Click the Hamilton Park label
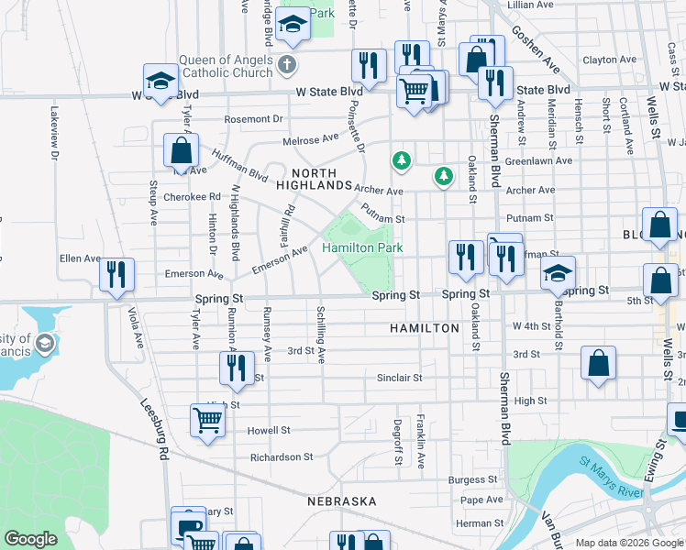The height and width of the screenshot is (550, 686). click(363, 248)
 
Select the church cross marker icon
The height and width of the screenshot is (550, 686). click(287, 64)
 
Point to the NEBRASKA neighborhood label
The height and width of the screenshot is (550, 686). click(342, 501)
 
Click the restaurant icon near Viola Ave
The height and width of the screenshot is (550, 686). click(117, 275)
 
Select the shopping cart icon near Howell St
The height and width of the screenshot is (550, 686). click(208, 421)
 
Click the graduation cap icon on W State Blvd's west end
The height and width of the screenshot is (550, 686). click(160, 81)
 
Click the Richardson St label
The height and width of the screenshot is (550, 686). click(282, 456)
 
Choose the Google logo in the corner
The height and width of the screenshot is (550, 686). click(30, 539)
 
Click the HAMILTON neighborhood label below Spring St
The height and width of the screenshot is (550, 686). click(424, 327)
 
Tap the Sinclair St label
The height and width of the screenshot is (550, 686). click(399, 378)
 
